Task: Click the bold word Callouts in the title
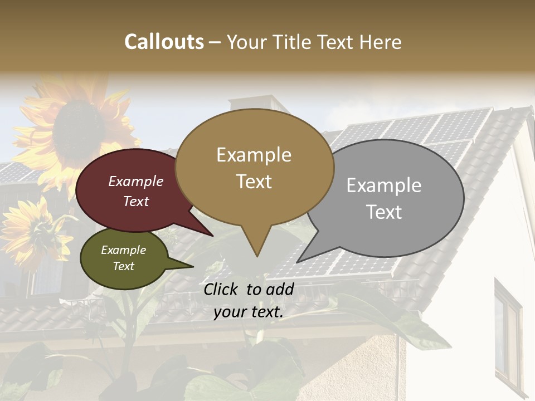coord(164,42)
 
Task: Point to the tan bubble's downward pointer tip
coord(257,256)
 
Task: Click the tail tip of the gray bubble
coord(298,262)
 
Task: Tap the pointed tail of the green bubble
coord(192,266)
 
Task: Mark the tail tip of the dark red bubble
coord(212,236)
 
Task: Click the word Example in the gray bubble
coord(384,185)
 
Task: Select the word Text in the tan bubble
coord(254,182)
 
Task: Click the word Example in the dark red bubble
coord(136,181)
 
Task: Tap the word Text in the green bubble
coord(124,266)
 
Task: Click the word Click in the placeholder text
coord(221,289)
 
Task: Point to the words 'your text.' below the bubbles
coord(249,312)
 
